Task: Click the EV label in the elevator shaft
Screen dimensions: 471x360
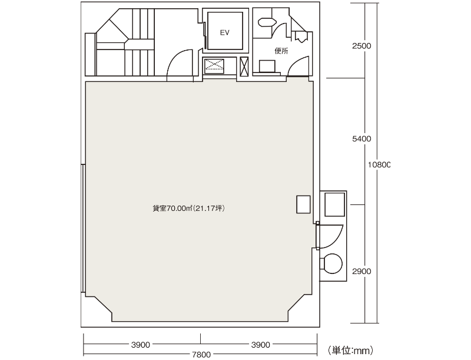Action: point(225,33)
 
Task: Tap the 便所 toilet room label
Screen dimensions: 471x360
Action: point(281,51)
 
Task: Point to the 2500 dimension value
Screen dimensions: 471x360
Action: point(361,46)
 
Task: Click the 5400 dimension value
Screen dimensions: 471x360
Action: point(361,139)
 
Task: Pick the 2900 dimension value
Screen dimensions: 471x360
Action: point(361,272)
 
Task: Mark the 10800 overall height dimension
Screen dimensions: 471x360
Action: point(379,164)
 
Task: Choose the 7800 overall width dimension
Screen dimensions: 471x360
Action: point(201,355)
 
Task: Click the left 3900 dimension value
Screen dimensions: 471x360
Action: point(141,345)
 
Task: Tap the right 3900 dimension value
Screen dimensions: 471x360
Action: point(260,345)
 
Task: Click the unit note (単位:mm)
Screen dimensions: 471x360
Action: point(350,351)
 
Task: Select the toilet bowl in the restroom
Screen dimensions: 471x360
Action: point(267,22)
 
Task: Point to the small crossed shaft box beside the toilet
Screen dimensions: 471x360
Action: point(244,67)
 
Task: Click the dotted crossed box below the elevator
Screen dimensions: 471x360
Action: point(214,66)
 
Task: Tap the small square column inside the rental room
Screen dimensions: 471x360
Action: point(303,204)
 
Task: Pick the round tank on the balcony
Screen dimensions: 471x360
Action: point(331,263)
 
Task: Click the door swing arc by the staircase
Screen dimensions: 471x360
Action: point(175,57)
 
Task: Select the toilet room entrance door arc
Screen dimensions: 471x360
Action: point(296,62)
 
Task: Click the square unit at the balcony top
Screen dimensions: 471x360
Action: point(334,204)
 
